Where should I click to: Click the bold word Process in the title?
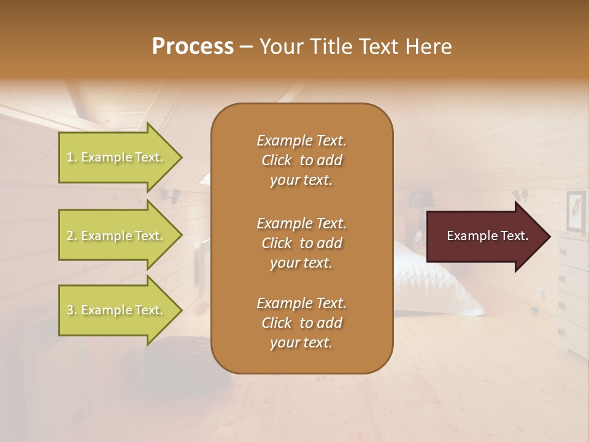pyautogui.click(x=193, y=47)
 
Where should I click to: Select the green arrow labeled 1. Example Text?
pyautogui.click(x=117, y=157)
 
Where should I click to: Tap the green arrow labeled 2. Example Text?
pyautogui.click(x=117, y=236)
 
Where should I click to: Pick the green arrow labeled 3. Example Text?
pyautogui.click(x=117, y=310)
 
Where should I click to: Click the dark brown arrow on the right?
pyautogui.click(x=485, y=236)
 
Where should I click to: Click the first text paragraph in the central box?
pyautogui.click(x=301, y=160)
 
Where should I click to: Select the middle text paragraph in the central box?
pyautogui.click(x=301, y=243)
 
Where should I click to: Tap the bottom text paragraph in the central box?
pyautogui.click(x=301, y=323)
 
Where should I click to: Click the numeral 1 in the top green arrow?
pyautogui.click(x=70, y=157)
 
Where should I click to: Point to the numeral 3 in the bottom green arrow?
pyautogui.click(x=70, y=310)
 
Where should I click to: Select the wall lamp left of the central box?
pyautogui.click(x=170, y=196)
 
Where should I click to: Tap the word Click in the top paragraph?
pyautogui.click(x=277, y=160)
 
